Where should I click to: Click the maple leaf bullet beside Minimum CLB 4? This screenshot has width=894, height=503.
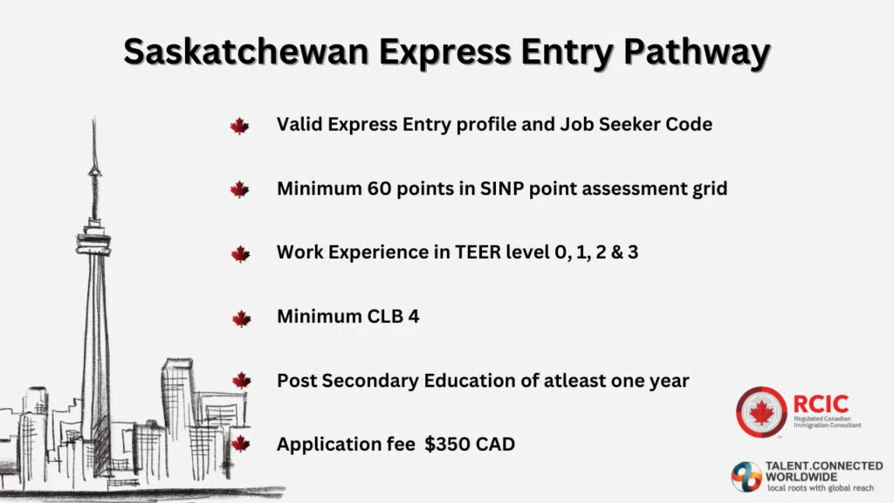(241, 318)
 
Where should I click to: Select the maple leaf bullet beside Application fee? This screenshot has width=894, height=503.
(241, 444)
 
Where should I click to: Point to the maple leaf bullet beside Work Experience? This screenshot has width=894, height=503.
(241, 254)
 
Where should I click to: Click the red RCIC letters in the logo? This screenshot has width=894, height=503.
(821, 403)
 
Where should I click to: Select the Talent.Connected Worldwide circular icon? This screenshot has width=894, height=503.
(747, 477)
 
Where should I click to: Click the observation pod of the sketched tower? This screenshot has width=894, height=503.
(93, 237)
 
